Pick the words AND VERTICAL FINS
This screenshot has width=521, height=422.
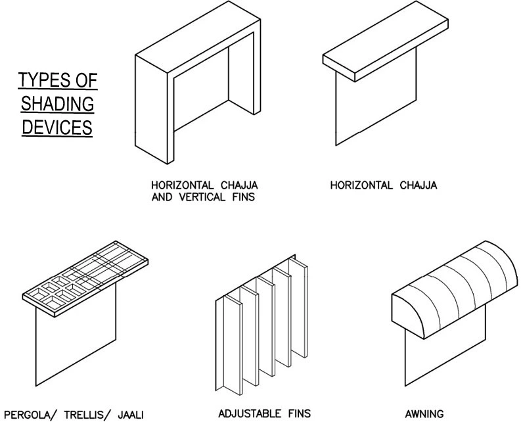tap(195, 195)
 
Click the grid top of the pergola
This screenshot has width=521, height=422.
tap(85, 276)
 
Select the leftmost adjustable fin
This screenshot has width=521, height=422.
tap(223, 342)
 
